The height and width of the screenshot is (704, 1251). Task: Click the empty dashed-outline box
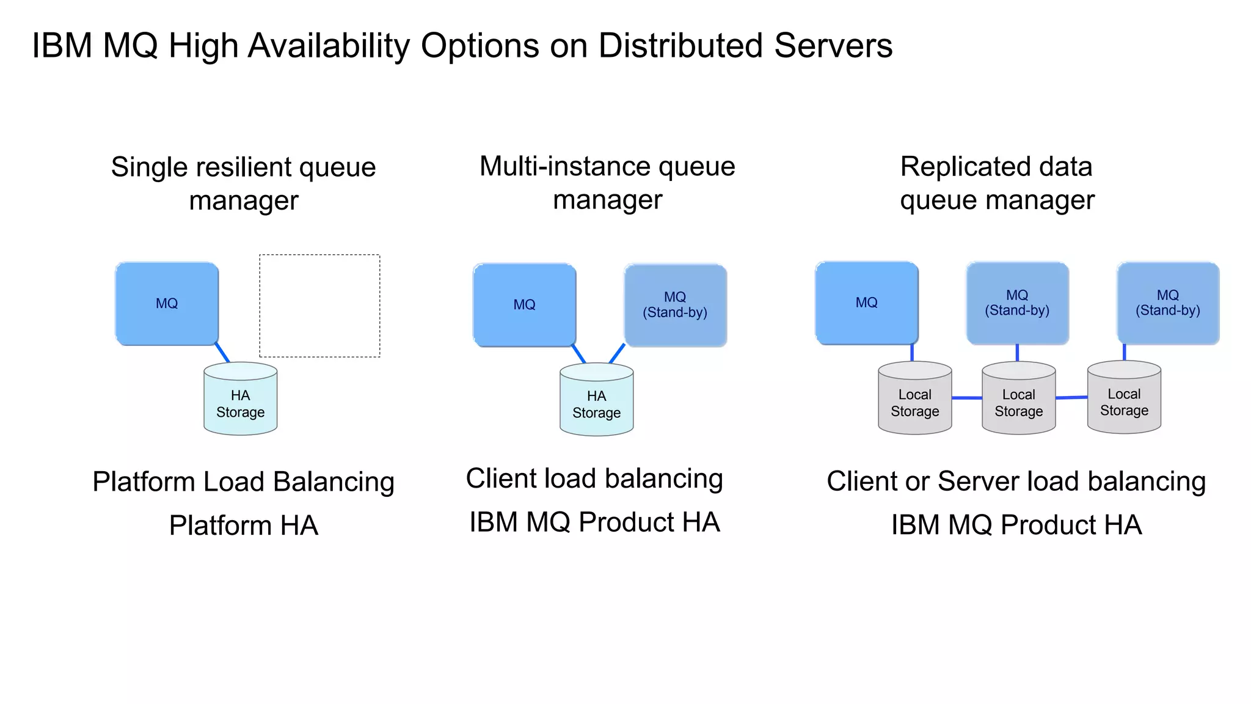tap(319, 306)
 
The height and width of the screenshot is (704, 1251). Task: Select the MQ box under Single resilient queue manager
tap(167, 304)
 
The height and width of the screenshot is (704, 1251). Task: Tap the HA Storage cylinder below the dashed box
tap(240, 400)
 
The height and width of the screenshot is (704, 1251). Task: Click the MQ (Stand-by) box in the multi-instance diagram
tap(675, 305)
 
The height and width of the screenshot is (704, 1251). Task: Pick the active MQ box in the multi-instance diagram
tap(524, 305)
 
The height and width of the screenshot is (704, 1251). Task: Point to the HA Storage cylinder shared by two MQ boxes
tap(596, 401)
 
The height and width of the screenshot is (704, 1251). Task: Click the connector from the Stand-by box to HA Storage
tap(617, 354)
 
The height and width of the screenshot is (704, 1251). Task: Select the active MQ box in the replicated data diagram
tap(866, 302)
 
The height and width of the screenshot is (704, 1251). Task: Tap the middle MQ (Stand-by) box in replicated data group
tap(1017, 303)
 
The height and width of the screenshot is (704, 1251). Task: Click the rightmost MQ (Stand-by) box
tap(1168, 303)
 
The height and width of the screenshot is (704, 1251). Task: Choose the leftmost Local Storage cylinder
tap(914, 400)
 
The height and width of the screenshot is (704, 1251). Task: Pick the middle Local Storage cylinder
tap(1018, 400)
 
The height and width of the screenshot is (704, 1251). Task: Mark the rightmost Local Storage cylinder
tap(1124, 398)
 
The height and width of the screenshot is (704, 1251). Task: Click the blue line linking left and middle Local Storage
tap(966, 398)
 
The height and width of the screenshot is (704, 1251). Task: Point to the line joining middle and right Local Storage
tap(1071, 397)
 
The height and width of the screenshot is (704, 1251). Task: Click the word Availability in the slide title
tap(330, 46)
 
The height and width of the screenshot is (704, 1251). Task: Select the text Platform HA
tap(243, 526)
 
